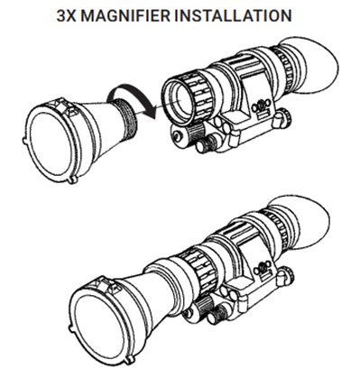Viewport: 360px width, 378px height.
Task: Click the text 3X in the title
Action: (66, 15)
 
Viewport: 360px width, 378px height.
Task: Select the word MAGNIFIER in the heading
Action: (124, 15)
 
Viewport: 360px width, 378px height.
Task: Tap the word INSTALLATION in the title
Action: (233, 15)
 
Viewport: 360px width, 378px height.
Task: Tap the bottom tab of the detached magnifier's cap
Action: (71, 180)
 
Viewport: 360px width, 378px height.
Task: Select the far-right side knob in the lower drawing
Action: (285, 275)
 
